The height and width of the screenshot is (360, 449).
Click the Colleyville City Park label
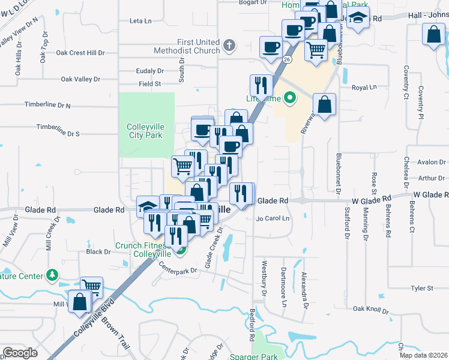click(145, 131)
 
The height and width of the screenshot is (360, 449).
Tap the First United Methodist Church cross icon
click(229, 46)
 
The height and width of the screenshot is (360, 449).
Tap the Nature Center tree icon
click(53, 275)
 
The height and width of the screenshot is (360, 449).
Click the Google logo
click(20, 352)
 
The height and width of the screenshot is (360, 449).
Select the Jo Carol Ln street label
click(273, 218)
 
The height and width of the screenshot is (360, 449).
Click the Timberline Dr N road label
click(47, 105)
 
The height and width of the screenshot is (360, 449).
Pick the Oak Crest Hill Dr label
click(80, 53)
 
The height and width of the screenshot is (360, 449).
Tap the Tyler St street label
click(422, 289)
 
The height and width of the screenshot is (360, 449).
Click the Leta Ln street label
click(141, 20)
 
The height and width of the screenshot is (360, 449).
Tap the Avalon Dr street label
click(432, 162)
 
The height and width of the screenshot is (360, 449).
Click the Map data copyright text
click(423, 355)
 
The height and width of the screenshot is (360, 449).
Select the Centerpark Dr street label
click(178, 271)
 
